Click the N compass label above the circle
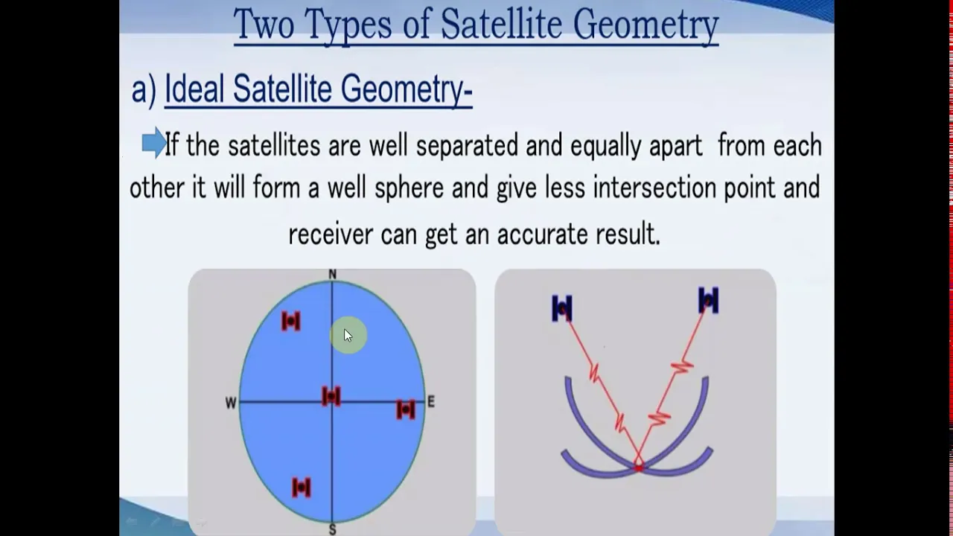(x=333, y=275)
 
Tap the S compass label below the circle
(x=333, y=529)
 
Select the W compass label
(x=231, y=403)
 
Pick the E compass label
(x=431, y=401)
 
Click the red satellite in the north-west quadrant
(x=291, y=321)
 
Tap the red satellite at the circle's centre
(x=331, y=396)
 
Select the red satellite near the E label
(x=406, y=409)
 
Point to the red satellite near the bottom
(x=302, y=487)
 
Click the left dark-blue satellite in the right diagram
(x=561, y=308)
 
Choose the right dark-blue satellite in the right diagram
(x=708, y=300)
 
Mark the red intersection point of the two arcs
(x=639, y=468)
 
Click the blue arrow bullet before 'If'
(x=153, y=143)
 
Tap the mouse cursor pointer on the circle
(x=348, y=336)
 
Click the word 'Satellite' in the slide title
(x=502, y=24)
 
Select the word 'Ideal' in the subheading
(x=194, y=89)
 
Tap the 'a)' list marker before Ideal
(x=144, y=90)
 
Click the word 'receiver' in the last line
(x=331, y=234)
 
